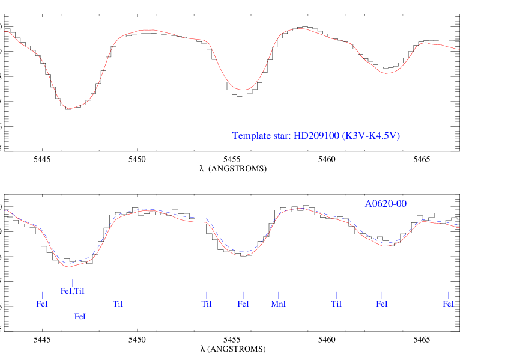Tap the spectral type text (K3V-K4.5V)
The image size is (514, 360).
pyautogui.click(x=370, y=136)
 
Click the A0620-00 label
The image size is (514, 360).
pyautogui.click(x=385, y=204)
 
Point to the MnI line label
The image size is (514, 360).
pyautogui.click(x=279, y=304)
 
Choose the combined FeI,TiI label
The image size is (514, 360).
pyautogui.click(x=73, y=291)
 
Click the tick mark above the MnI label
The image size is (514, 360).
pyautogui.click(x=279, y=295)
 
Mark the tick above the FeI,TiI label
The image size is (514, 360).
pyautogui.click(x=73, y=283)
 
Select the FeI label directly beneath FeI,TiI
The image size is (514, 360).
pyautogui.click(x=80, y=316)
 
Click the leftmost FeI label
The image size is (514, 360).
pyautogui.click(x=42, y=304)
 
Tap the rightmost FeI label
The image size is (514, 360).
pyautogui.click(x=448, y=304)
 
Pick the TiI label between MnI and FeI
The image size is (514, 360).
pyautogui.click(x=336, y=304)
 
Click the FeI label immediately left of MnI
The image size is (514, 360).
pyautogui.click(x=243, y=304)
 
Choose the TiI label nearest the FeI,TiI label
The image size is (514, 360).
pyautogui.click(x=118, y=304)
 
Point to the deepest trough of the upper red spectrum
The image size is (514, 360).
pyautogui.click(x=69, y=108)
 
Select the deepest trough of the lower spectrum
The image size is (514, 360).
pyautogui.click(x=69, y=266)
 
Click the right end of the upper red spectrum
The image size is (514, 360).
pyautogui.click(x=459, y=49)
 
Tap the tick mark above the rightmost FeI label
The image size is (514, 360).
pyautogui.click(x=448, y=295)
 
